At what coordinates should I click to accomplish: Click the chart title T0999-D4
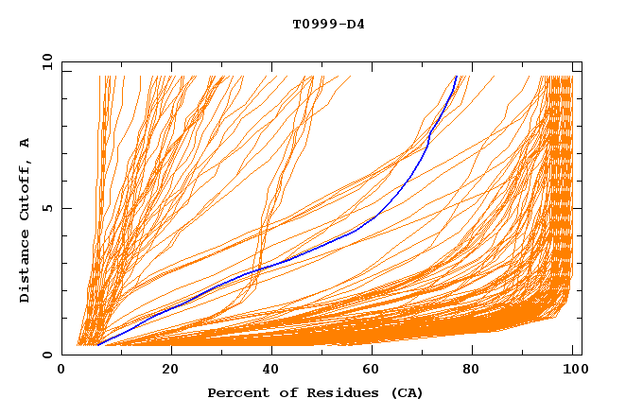[x=328, y=24]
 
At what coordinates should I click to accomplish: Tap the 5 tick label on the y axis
[x=45, y=208]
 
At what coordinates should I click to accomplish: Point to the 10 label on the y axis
[x=43, y=61]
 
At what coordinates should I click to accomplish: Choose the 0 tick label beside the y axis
[x=45, y=355]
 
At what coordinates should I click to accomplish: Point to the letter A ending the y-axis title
[x=26, y=142]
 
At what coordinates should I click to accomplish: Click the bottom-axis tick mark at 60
[x=375, y=352]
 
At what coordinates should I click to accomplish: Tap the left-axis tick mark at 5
[x=65, y=208]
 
